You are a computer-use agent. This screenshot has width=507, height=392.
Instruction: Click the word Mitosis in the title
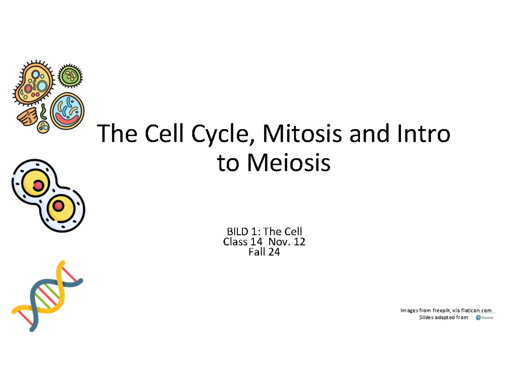(303, 133)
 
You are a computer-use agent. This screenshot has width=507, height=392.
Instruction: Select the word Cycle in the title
(223, 134)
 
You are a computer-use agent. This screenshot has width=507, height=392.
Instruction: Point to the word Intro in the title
(424, 133)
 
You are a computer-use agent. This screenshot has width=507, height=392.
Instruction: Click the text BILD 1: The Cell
(264, 232)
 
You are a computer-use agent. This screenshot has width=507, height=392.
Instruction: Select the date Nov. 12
(287, 241)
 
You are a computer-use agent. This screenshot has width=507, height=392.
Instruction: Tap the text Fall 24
(264, 252)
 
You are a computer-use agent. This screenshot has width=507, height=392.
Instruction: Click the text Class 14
(243, 241)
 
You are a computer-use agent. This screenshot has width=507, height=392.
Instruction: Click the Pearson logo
(484, 318)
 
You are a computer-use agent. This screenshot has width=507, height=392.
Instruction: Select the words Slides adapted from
(443, 317)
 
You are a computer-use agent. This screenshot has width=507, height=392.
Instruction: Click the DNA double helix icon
(47, 296)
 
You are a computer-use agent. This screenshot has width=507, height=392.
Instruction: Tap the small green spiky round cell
(70, 76)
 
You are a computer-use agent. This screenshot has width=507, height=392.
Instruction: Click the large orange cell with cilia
(34, 82)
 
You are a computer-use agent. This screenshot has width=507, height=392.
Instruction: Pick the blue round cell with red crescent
(67, 111)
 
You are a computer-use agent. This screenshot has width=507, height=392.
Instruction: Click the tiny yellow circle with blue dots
(43, 127)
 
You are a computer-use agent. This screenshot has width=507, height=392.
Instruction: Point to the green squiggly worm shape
(43, 112)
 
